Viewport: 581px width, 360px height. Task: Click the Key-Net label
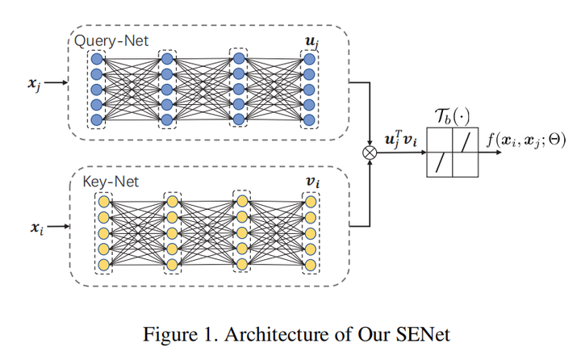111,182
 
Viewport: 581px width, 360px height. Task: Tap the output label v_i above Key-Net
311,182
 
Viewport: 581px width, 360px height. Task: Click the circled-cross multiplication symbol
370,151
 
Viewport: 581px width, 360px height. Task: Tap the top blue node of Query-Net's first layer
98,59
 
